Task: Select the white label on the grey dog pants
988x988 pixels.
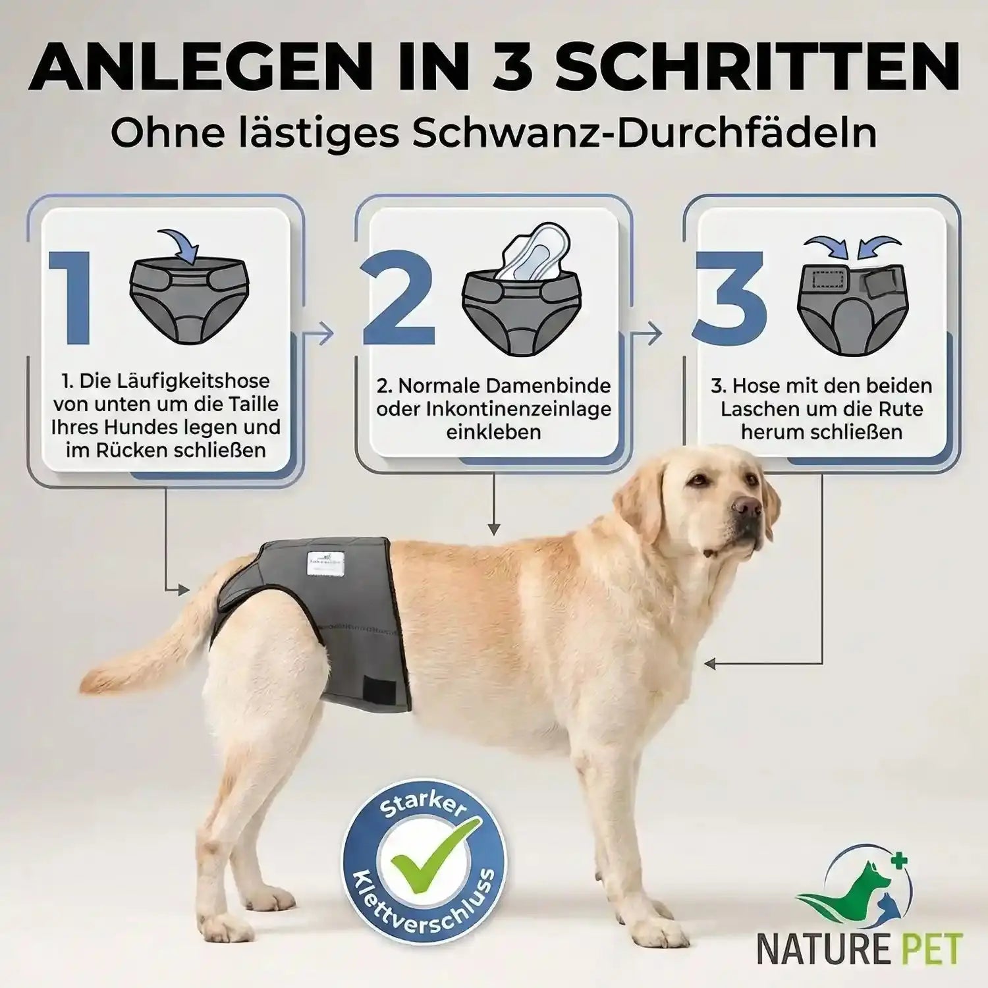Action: pyautogui.click(x=325, y=563)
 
